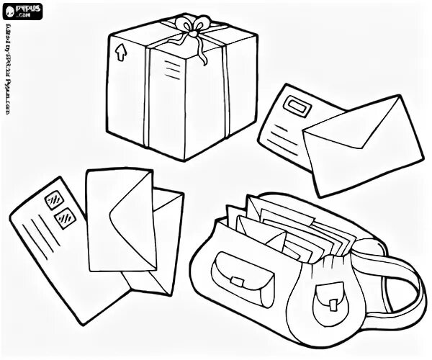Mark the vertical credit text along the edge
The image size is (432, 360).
[x=9, y=72]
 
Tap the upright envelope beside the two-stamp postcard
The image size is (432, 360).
[x=119, y=216]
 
